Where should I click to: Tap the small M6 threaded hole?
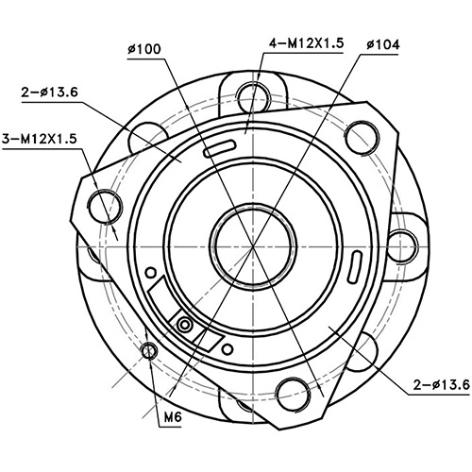coord(148,352)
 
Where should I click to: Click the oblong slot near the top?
coord(217,147)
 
